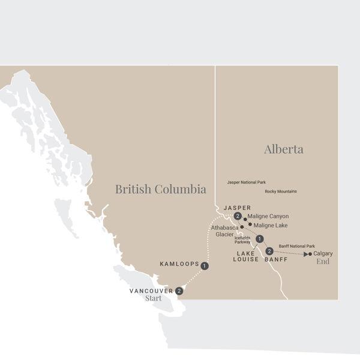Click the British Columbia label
click(x=160, y=190)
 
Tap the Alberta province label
click(x=284, y=149)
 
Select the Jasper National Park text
click(x=246, y=181)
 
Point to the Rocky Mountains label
click(x=280, y=192)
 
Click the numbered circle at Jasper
click(x=238, y=216)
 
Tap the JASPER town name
click(x=237, y=208)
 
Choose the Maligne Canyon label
click(x=269, y=217)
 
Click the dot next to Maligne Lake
click(x=250, y=224)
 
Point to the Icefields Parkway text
click(x=243, y=240)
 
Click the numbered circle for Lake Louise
click(x=259, y=239)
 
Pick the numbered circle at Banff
click(x=269, y=251)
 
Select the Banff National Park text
click(x=297, y=246)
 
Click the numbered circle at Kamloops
click(x=205, y=265)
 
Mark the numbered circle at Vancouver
click(x=179, y=290)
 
